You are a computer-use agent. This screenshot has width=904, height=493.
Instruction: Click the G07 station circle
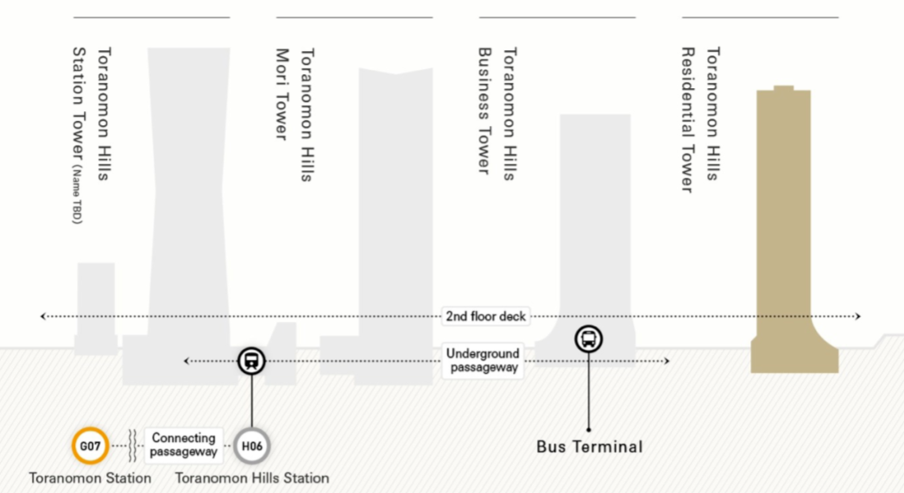tap(91, 446)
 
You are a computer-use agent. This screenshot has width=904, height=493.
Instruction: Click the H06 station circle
tap(252, 446)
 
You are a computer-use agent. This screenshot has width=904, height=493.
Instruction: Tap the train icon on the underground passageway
tap(251, 360)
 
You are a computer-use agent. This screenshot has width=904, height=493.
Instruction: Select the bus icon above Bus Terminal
tap(589, 338)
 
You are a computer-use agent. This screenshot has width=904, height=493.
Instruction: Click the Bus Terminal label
tap(589, 447)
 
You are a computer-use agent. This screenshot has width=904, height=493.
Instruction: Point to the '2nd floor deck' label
tap(486, 316)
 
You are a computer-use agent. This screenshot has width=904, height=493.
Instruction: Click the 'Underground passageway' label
tap(483, 360)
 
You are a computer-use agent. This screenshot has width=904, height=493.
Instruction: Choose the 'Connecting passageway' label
tap(183, 445)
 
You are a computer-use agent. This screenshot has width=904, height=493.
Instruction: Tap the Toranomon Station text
tap(90, 477)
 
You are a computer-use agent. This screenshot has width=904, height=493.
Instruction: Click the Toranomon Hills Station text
tap(252, 477)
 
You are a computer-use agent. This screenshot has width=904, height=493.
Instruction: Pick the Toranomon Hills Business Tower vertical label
tap(496, 112)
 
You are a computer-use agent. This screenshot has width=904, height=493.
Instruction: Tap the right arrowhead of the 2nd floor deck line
tap(857, 316)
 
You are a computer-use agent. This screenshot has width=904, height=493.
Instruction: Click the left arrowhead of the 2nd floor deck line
tap(43, 316)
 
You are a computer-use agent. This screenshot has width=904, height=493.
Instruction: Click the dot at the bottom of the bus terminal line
tap(589, 429)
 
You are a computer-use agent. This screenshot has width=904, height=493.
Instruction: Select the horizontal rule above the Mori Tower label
tap(354, 17)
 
